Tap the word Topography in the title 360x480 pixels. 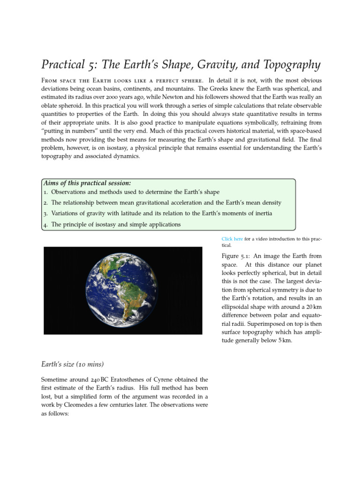tap(286, 64)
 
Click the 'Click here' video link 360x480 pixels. tap(232, 239)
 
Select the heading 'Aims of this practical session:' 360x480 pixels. tap(86, 183)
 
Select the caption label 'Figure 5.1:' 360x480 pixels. tap(236, 256)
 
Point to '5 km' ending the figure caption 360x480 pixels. tap(283, 341)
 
